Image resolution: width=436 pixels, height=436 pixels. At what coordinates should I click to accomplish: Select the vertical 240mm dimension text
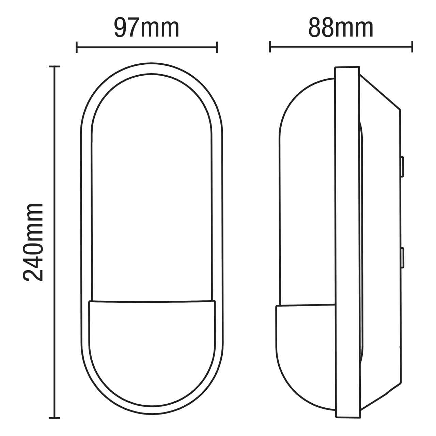tap(33, 242)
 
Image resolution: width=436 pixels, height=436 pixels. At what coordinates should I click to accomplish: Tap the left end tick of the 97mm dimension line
tap(77, 47)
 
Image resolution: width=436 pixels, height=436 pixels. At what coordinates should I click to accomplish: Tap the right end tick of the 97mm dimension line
tap(217, 47)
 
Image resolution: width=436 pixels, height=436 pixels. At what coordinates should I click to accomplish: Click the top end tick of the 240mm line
tap(54, 67)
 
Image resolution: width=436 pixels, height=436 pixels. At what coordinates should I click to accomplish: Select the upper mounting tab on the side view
tap(402, 167)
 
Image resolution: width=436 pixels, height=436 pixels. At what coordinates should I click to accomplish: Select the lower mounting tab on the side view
tap(402, 258)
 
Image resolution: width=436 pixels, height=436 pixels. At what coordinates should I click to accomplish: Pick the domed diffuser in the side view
tap(307, 191)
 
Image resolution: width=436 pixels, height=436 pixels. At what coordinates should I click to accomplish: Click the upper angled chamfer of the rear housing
tap(380, 92)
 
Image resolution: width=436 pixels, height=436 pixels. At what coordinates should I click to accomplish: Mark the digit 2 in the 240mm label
tap(33, 272)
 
